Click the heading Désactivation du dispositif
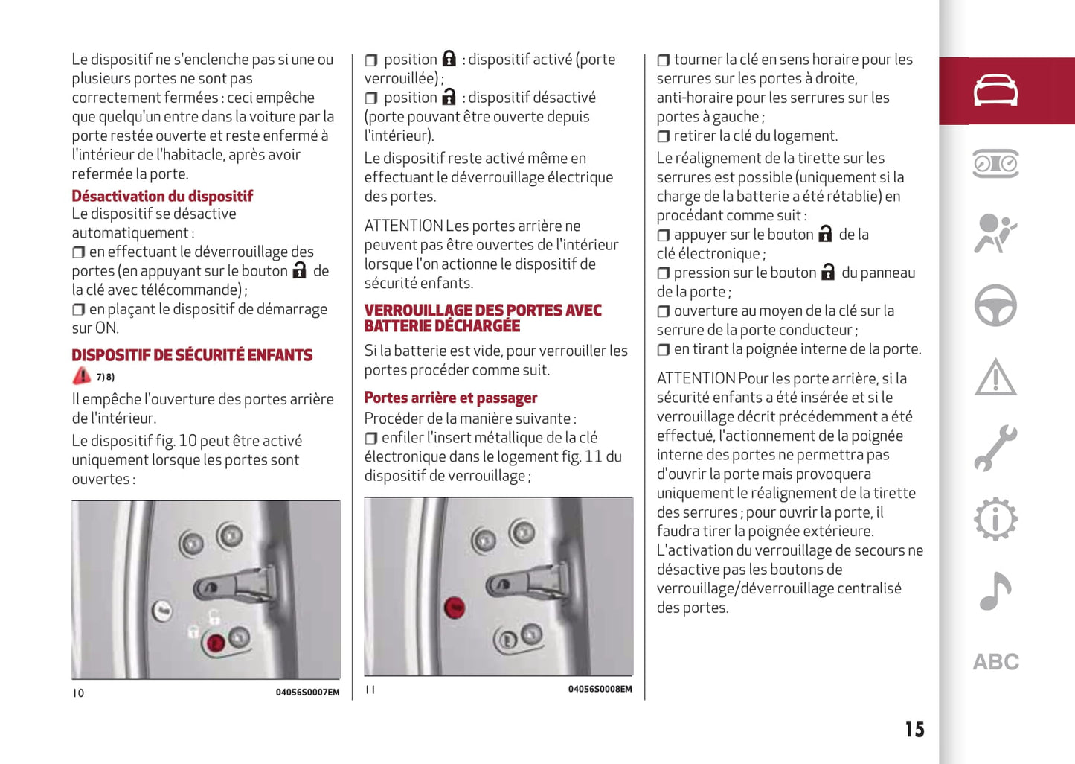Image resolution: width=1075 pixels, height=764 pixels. pyautogui.click(x=162, y=196)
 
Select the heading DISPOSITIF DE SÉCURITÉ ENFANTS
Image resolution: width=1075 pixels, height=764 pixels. pyautogui.click(x=192, y=355)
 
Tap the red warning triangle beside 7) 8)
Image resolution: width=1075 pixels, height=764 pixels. pyautogui.click(x=81, y=376)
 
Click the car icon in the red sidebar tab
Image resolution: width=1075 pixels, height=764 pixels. pyautogui.click(x=995, y=91)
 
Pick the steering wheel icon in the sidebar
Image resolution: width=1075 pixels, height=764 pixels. pyautogui.click(x=995, y=305)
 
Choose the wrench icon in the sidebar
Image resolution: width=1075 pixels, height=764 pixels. pyautogui.click(x=995, y=448)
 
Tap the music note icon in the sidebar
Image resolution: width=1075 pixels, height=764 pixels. pyautogui.click(x=995, y=591)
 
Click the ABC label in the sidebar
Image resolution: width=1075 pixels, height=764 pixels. pyautogui.click(x=995, y=662)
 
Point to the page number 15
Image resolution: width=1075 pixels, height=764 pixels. pyautogui.click(x=914, y=729)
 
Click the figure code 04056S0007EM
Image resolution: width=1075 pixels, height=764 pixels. pyautogui.click(x=307, y=693)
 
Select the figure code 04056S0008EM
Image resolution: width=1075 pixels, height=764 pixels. pyautogui.click(x=600, y=690)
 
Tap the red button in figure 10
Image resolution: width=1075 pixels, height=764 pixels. pyautogui.click(x=216, y=643)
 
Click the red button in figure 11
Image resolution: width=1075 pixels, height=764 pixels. pyautogui.click(x=454, y=608)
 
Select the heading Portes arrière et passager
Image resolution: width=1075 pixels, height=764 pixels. pyautogui.click(x=450, y=398)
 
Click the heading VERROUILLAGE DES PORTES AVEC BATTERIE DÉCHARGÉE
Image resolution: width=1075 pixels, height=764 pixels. pyautogui.click(x=482, y=318)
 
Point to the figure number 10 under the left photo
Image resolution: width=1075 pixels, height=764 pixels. pyautogui.click(x=78, y=693)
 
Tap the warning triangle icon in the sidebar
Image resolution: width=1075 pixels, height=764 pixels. pyautogui.click(x=995, y=377)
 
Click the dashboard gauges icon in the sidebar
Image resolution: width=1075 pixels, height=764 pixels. pyautogui.click(x=995, y=163)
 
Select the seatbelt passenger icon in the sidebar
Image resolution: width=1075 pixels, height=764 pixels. pyautogui.click(x=995, y=234)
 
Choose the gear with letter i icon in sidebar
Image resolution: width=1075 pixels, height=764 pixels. pyautogui.click(x=995, y=519)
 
